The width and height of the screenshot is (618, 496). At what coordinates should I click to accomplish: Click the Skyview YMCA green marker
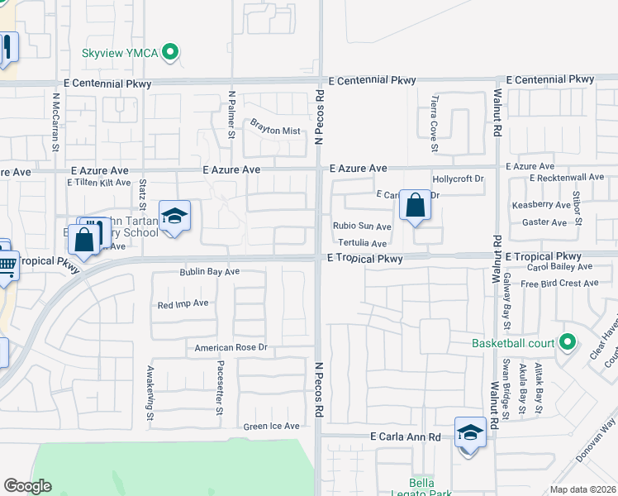coord(170,53)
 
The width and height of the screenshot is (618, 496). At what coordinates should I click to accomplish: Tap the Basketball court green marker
coord(567,342)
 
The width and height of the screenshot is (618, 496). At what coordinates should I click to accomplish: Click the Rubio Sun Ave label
coord(362,226)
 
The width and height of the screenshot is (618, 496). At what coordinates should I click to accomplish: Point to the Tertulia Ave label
coord(362,244)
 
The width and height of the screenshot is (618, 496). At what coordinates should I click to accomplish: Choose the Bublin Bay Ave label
coord(210,271)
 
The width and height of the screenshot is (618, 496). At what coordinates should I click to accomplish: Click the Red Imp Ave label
coord(183,304)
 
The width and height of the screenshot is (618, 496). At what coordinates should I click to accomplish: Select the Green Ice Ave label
coord(271,427)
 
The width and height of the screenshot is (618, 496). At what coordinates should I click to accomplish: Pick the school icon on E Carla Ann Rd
coord(470,433)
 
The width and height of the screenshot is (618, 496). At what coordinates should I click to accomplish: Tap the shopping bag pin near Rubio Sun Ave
coord(415,205)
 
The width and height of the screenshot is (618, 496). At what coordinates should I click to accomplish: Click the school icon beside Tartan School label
coord(174,217)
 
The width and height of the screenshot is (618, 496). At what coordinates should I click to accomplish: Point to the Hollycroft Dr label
coord(458,179)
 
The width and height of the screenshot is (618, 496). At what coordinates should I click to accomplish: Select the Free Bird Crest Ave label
coord(559,283)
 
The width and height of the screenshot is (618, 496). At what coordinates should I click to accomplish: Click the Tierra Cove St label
coord(434,125)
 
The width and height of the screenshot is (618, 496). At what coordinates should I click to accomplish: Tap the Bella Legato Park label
coord(428,487)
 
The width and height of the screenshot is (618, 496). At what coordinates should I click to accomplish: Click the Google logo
coord(28,486)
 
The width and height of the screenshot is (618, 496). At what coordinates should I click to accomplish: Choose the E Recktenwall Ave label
coord(568,178)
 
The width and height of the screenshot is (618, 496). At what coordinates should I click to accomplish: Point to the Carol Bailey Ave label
coord(557,267)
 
